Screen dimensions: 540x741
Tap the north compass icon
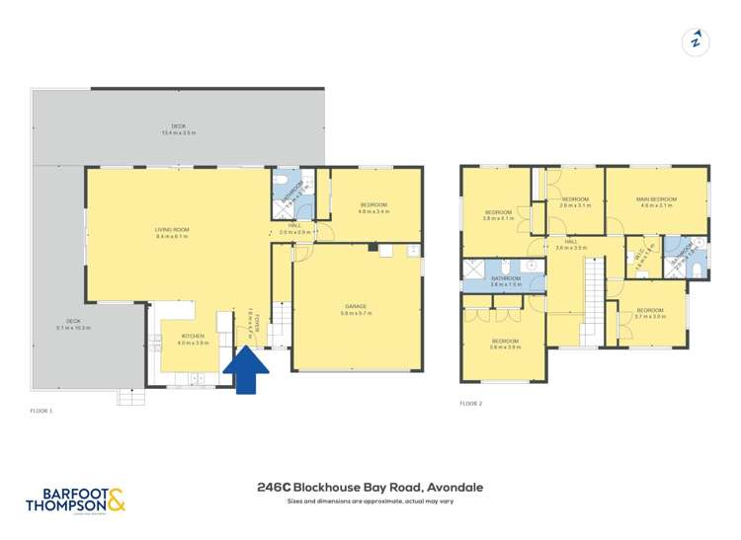(696, 40)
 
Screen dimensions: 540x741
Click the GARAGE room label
(355, 309)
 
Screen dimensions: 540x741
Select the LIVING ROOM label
(171, 233)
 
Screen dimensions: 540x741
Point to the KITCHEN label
(193, 340)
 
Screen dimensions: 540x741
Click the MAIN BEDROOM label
(656, 202)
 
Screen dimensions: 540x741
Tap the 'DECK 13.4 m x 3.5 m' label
(179, 129)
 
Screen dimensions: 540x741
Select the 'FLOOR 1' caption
(41, 408)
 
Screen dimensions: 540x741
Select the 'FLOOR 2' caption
(472, 403)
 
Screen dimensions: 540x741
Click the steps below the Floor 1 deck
(130, 397)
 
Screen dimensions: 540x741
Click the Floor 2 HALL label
(571, 244)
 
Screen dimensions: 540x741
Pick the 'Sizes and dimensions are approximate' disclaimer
(370, 501)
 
